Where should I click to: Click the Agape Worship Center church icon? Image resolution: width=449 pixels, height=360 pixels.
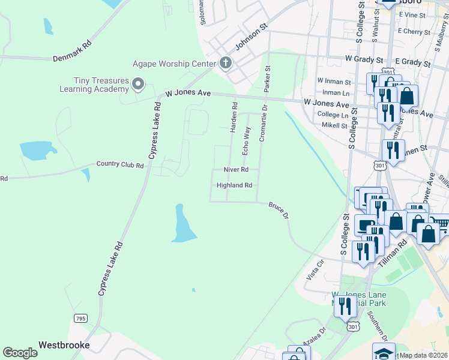click(226, 63)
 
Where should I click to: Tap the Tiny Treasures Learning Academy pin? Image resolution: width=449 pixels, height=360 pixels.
click(138, 85)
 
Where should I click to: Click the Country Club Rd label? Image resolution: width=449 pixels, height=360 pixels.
click(120, 165)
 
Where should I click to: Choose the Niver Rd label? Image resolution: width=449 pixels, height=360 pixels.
click(235, 170)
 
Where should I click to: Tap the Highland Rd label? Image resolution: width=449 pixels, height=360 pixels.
click(234, 185)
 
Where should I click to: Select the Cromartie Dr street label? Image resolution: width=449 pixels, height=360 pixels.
click(262, 125)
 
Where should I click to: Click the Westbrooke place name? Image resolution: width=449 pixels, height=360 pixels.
click(64, 345)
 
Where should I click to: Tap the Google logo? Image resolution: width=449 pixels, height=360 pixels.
click(20, 352)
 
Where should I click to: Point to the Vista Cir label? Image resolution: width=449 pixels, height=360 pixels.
click(315, 268)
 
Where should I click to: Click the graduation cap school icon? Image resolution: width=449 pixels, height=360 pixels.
click(384, 352)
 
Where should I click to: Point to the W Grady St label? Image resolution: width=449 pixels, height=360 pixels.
click(364, 59)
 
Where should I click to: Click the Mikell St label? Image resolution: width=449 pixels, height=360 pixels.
click(336, 126)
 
